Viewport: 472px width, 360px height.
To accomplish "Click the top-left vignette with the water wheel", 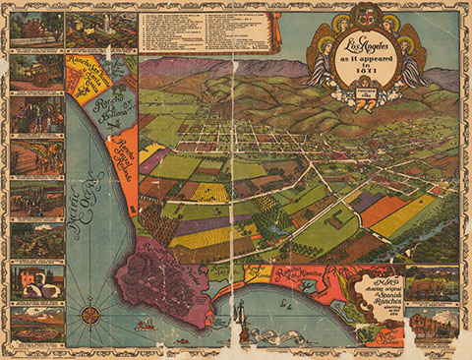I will (36, 30).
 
